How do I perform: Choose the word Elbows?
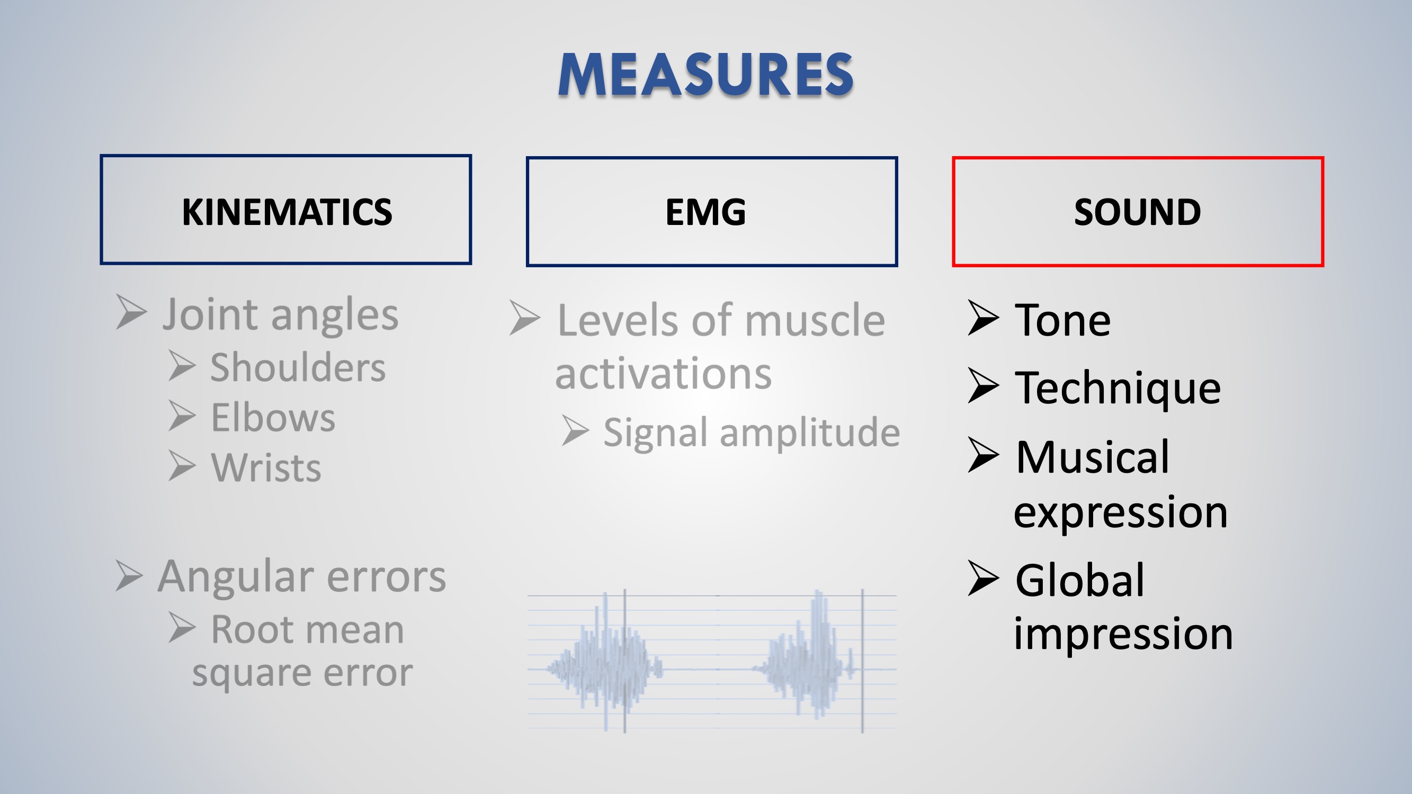point(273,418)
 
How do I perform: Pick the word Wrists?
point(266,467)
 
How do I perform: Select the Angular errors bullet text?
point(302,576)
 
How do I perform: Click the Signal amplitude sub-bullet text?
point(752,433)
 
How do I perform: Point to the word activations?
point(663,374)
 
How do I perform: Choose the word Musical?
point(1093,457)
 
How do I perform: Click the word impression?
point(1123,634)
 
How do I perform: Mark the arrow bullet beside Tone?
point(984,318)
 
